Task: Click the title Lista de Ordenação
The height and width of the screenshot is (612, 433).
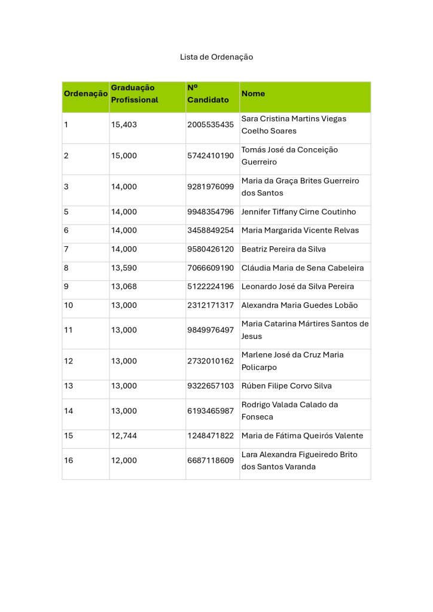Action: [216, 57]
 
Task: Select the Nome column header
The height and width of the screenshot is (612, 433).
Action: [253, 94]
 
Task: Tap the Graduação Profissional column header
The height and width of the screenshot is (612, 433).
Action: [135, 94]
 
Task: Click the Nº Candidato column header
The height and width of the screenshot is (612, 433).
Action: [208, 94]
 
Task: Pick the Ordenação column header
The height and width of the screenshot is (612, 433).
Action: [86, 94]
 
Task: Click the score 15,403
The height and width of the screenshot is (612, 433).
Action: [124, 125]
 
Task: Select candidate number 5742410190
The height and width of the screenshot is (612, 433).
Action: [211, 156]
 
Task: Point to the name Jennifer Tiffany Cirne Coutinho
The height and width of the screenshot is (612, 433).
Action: [298, 212]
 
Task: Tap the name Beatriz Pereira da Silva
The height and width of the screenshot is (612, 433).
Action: [283, 249]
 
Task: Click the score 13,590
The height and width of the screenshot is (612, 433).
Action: [124, 268]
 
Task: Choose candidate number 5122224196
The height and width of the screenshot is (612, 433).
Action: [211, 286]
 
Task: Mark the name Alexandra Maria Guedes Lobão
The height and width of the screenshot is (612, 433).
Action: [300, 305]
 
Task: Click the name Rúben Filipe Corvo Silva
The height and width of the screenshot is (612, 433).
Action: [286, 386]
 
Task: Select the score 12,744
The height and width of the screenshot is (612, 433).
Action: [124, 436]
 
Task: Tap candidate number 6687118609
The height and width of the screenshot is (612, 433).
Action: [211, 461]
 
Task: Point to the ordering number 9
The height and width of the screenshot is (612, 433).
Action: [66, 286]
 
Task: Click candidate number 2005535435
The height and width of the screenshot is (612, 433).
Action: [211, 125]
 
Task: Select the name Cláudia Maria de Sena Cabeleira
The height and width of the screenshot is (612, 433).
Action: [302, 268]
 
